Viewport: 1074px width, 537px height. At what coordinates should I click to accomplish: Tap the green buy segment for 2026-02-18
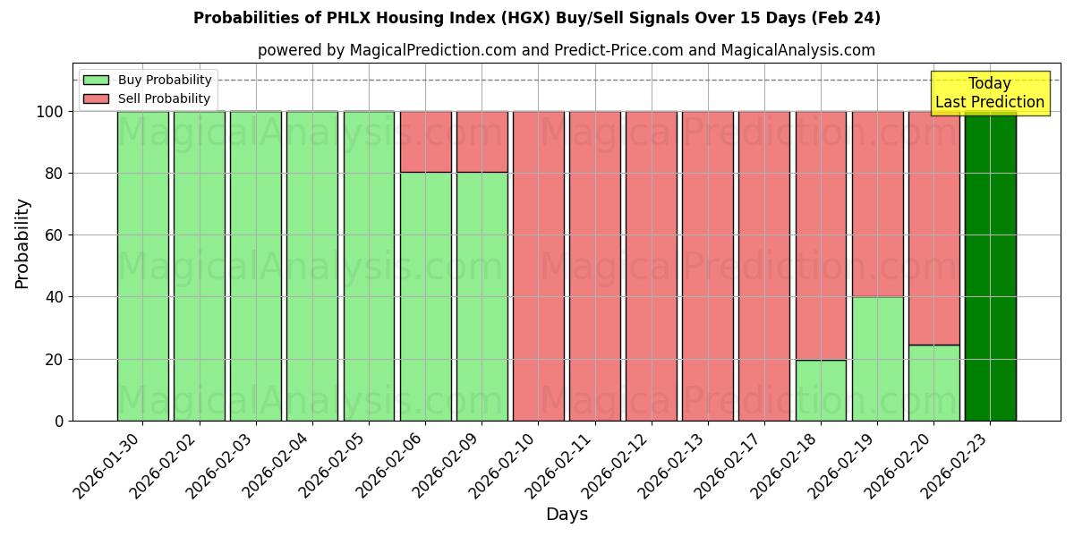[821, 390]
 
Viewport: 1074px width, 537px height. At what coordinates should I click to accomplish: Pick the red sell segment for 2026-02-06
[425, 141]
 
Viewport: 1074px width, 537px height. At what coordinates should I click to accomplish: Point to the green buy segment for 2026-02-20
[933, 382]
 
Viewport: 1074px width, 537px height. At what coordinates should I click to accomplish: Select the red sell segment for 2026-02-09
[482, 141]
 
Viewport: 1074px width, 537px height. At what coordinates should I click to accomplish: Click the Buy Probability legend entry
[148, 80]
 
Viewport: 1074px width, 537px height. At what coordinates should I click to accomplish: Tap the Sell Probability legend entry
[148, 98]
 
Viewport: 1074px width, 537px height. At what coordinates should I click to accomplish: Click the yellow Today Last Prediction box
[989, 93]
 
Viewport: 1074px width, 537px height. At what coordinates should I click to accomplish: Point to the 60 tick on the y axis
[55, 235]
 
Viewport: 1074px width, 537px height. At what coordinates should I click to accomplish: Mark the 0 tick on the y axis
[59, 421]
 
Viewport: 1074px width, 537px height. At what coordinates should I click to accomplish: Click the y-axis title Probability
[22, 243]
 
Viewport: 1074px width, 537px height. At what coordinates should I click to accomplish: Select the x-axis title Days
[567, 515]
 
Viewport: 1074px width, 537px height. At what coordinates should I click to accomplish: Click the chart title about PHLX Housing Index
[537, 18]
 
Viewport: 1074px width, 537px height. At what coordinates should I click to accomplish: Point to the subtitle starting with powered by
[567, 50]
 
